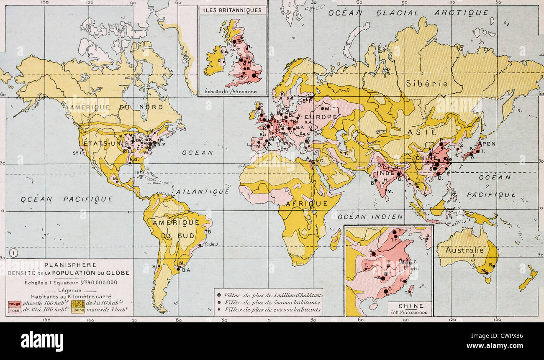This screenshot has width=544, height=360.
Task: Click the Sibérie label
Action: pos(426,83)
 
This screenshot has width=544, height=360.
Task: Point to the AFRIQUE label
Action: pos(307,204)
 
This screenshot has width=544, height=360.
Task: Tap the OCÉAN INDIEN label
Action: pos(370,217)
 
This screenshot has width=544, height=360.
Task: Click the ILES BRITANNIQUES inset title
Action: pos(233,10)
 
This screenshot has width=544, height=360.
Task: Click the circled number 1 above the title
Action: pos(13,253)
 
